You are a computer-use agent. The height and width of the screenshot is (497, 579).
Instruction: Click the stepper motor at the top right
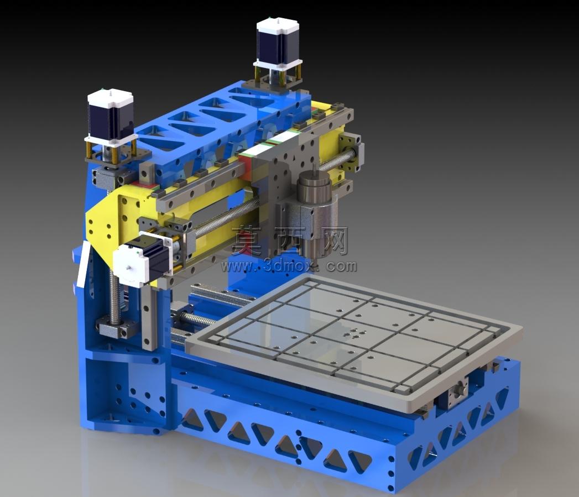click(278, 44)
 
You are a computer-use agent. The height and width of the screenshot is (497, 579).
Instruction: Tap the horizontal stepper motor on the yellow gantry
click(141, 260)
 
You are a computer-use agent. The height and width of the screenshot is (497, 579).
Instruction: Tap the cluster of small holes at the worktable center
click(351, 333)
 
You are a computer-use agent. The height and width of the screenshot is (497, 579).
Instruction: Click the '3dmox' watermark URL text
click(289, 265)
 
